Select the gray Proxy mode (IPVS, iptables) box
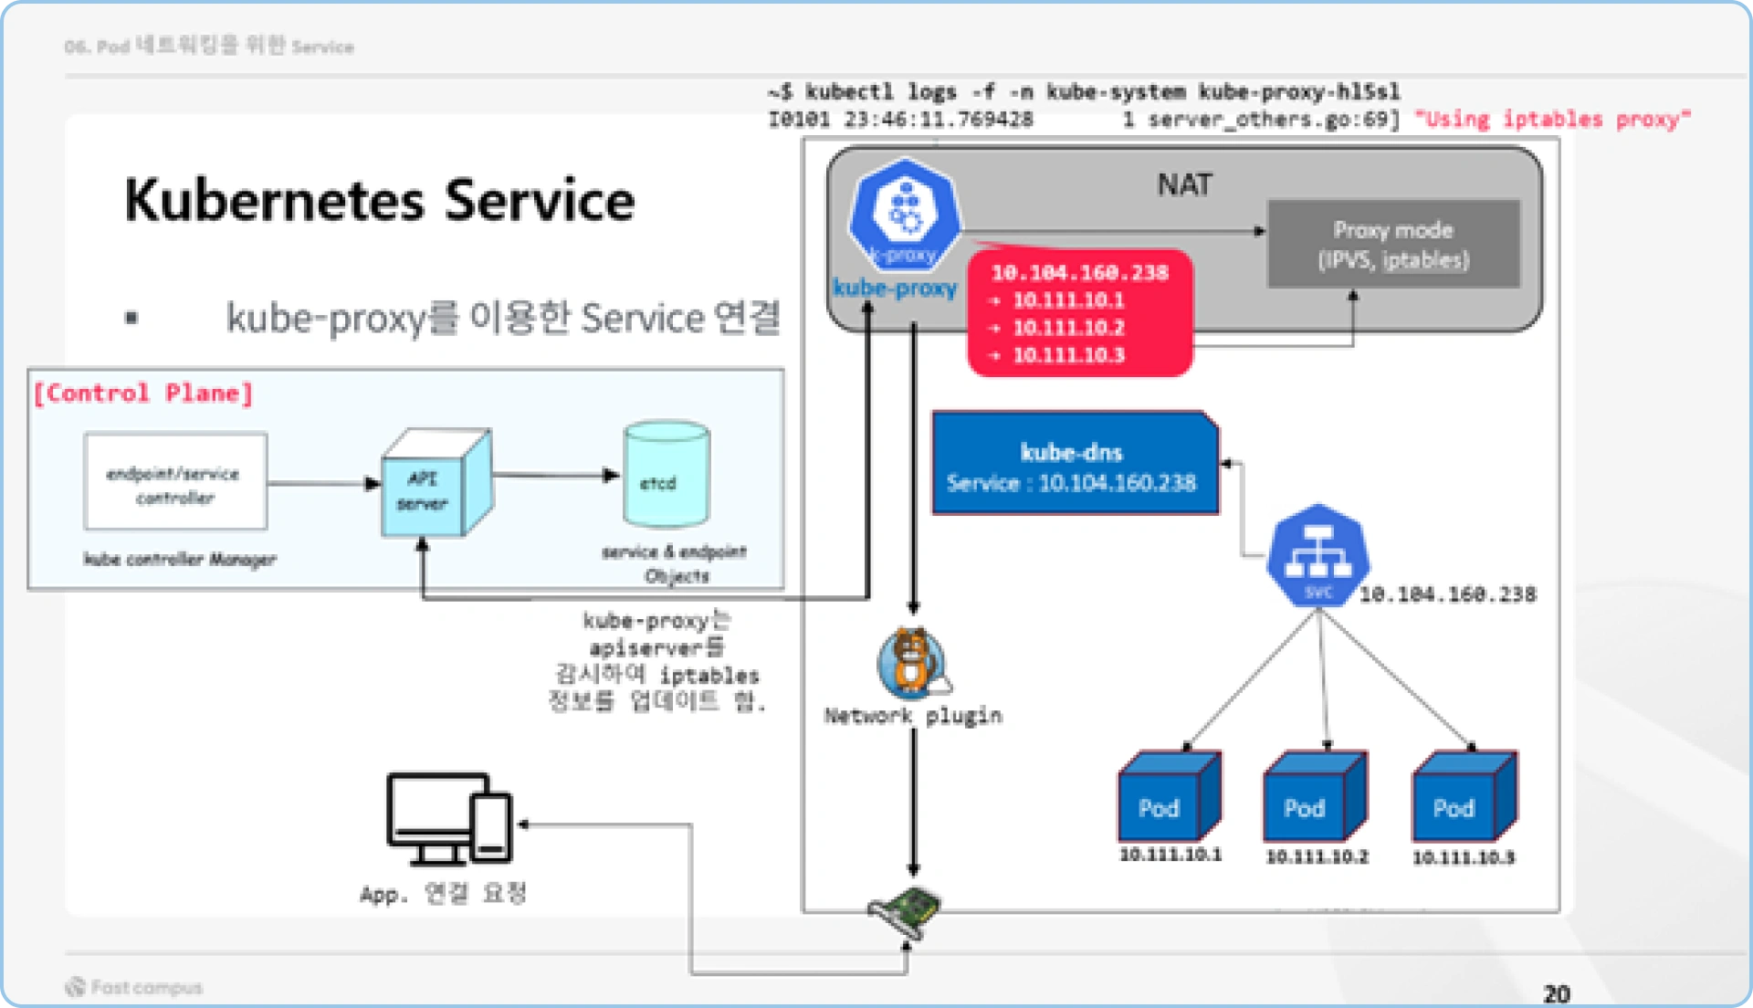pos(1393,245)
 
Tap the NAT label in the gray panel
pos(1184,185)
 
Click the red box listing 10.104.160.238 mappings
pos(1080,313)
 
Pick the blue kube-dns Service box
pos(1074,466)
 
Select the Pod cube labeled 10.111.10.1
pos(1168,797)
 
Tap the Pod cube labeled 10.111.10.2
pos(1313,797)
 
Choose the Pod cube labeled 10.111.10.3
pos(1462,797)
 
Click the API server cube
pos(434,485)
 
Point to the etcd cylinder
pos(666,475)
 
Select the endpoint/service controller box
pos(175,482)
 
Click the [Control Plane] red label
pos(143,394)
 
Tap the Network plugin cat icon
pos(911,663)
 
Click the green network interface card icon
pos(905,911)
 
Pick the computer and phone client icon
pos(449,819)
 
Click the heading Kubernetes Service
pos(379,201)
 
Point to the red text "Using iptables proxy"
pos(1552,120)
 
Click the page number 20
pos(1556,993)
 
